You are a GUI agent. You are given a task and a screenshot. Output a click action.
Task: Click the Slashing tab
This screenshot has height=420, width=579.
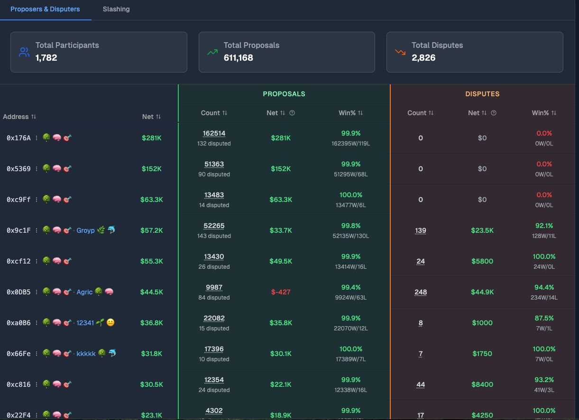click(x=116, y=9)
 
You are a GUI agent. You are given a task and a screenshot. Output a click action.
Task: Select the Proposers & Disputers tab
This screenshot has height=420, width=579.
click(x=45, y=9)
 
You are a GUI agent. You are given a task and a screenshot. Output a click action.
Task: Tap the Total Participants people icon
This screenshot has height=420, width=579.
click(x=24, y=52)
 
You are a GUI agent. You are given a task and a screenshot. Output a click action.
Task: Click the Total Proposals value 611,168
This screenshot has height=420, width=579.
click(x=238, y=58)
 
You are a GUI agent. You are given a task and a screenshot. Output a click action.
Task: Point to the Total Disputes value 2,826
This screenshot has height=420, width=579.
click(x=423, y=58)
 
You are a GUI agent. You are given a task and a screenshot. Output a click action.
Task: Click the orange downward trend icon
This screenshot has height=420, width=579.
click(x=400, y=52)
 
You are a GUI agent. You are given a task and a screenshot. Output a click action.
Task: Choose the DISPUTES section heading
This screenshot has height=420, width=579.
click(x=482, y=94)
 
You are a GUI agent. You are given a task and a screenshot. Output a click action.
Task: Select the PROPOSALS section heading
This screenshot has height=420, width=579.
click(x=284, y=94)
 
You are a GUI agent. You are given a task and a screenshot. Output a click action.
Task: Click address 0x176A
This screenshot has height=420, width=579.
click(x=18, y=138)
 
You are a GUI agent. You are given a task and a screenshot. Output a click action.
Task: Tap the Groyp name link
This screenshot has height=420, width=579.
click(x=86, y=230)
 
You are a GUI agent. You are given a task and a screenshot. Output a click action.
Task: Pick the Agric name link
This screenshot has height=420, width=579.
click(x=84, y=292)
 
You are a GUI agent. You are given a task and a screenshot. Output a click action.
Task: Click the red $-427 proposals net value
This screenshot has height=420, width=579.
click(x=281, y=292)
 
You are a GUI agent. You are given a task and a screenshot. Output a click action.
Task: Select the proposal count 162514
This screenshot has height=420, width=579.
click(x=214, y=133)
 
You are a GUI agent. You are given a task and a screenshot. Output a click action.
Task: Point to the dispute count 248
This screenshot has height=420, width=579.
click(x=421, y=292)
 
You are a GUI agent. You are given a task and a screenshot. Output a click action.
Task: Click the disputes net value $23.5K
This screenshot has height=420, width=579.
click(x=482, y=230)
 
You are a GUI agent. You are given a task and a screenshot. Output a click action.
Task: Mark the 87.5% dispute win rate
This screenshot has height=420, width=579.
click(x=544, y=318)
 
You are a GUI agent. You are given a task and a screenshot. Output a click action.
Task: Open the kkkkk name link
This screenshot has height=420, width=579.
click(x=86, y=354)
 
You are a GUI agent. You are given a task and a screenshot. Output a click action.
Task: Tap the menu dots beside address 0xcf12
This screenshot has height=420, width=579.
click(x=37, y=261)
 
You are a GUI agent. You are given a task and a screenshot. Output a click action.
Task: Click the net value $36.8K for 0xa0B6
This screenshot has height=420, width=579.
click(x=152, y=323)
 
